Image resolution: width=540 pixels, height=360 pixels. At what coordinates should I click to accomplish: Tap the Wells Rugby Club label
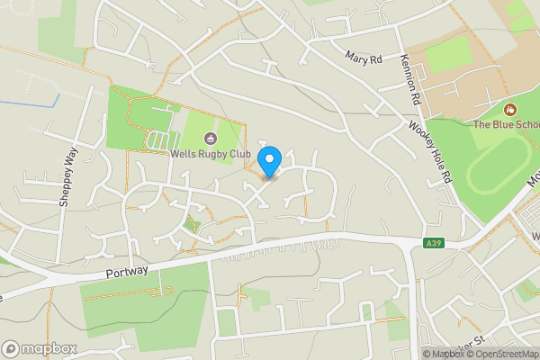point(210,153)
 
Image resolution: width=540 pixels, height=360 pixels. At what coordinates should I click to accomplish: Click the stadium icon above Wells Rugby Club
point(211,138)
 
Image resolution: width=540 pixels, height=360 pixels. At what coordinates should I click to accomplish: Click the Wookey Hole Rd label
point(428,153)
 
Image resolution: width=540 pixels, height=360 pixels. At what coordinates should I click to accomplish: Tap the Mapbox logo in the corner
point(39,348)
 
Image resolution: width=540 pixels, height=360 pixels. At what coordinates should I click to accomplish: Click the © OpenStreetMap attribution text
point(501,354)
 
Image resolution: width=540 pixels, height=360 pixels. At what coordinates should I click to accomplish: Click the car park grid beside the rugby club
point(158,140)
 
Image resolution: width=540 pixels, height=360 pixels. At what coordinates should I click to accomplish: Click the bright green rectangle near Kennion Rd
point(447,54)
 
